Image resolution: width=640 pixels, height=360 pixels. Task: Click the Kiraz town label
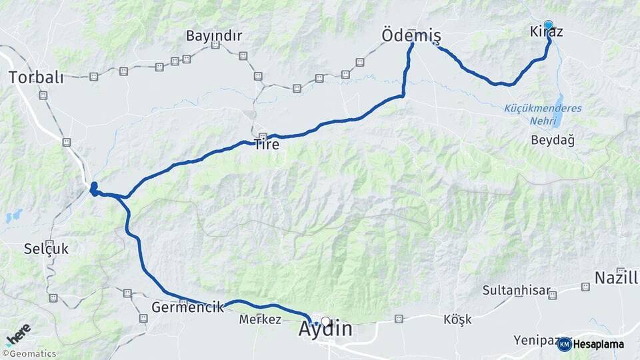pos(546,32)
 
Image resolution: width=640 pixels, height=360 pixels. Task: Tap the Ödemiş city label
pos(411,35)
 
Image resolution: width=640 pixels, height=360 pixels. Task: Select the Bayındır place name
pos(214,35)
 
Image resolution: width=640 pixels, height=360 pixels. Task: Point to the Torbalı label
pos(36,77)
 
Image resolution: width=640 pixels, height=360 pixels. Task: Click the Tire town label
pos(267,144)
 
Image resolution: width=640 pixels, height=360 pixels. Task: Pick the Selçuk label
pos(46,249)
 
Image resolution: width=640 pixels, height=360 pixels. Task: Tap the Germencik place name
pos(187,308)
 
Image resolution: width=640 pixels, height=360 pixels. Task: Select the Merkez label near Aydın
pos(260,319)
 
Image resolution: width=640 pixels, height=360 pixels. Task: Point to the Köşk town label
pos(457,319)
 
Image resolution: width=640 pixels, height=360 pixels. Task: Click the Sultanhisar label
pos(517,291)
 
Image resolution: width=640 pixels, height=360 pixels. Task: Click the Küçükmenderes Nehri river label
pos(543,115)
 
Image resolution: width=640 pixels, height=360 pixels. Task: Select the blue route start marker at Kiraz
pos(548,25)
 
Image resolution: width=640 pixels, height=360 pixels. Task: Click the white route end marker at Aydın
pos(325,321)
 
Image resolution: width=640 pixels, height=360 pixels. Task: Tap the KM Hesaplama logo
pos(591,344)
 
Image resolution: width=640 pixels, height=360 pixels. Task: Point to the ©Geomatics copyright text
pos(29,354)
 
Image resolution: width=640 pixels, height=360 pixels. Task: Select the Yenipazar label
pos(535,341)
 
